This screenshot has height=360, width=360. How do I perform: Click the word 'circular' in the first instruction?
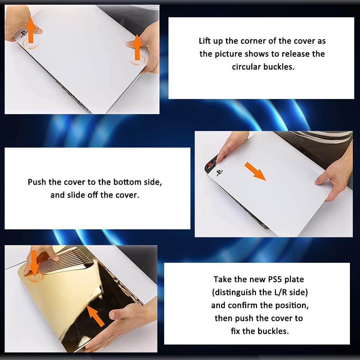(x=246, y=67)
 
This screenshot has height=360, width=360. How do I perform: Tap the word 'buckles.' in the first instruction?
(x=279, y=67)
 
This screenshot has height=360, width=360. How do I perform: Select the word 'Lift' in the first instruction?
(x=204, y=41)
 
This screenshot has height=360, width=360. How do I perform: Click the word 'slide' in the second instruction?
(x=76, y=195)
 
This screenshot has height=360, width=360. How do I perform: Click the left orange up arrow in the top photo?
(x=31, y=30)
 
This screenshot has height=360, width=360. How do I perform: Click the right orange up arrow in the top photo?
(x=137, y=47)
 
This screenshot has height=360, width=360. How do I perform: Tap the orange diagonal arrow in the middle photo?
(x=255, y=171)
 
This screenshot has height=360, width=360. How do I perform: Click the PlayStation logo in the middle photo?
(x=220, y=173)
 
